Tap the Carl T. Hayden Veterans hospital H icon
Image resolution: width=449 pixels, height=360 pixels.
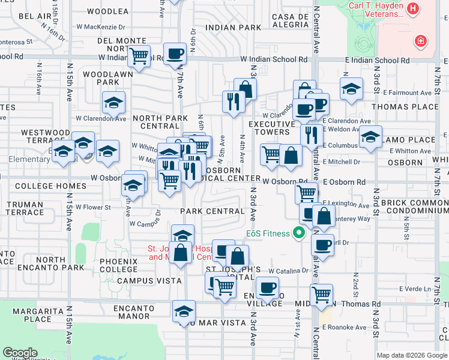[x=413, y=9]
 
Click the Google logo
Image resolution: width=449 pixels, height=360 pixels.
[x=20, y=353]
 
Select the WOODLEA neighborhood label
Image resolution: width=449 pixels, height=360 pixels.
[x=107, y=11]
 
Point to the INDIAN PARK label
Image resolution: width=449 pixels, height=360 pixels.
[x=233, y=28]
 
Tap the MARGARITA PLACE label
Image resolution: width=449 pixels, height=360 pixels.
[x=34, y=315]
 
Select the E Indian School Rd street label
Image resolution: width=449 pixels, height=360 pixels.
[x=377, y=61]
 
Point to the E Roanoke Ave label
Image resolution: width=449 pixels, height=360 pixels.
[x=344, y=327]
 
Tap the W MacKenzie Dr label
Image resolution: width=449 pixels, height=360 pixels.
[x=101, y=27]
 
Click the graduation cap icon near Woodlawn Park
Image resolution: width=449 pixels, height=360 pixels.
[x=113, y=103]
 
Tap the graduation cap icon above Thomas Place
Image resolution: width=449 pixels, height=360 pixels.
[x=351, y=89]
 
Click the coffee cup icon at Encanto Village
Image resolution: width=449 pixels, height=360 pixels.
[x=267, y=287]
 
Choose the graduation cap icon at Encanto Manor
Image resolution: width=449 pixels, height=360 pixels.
[x=184, y=311]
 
